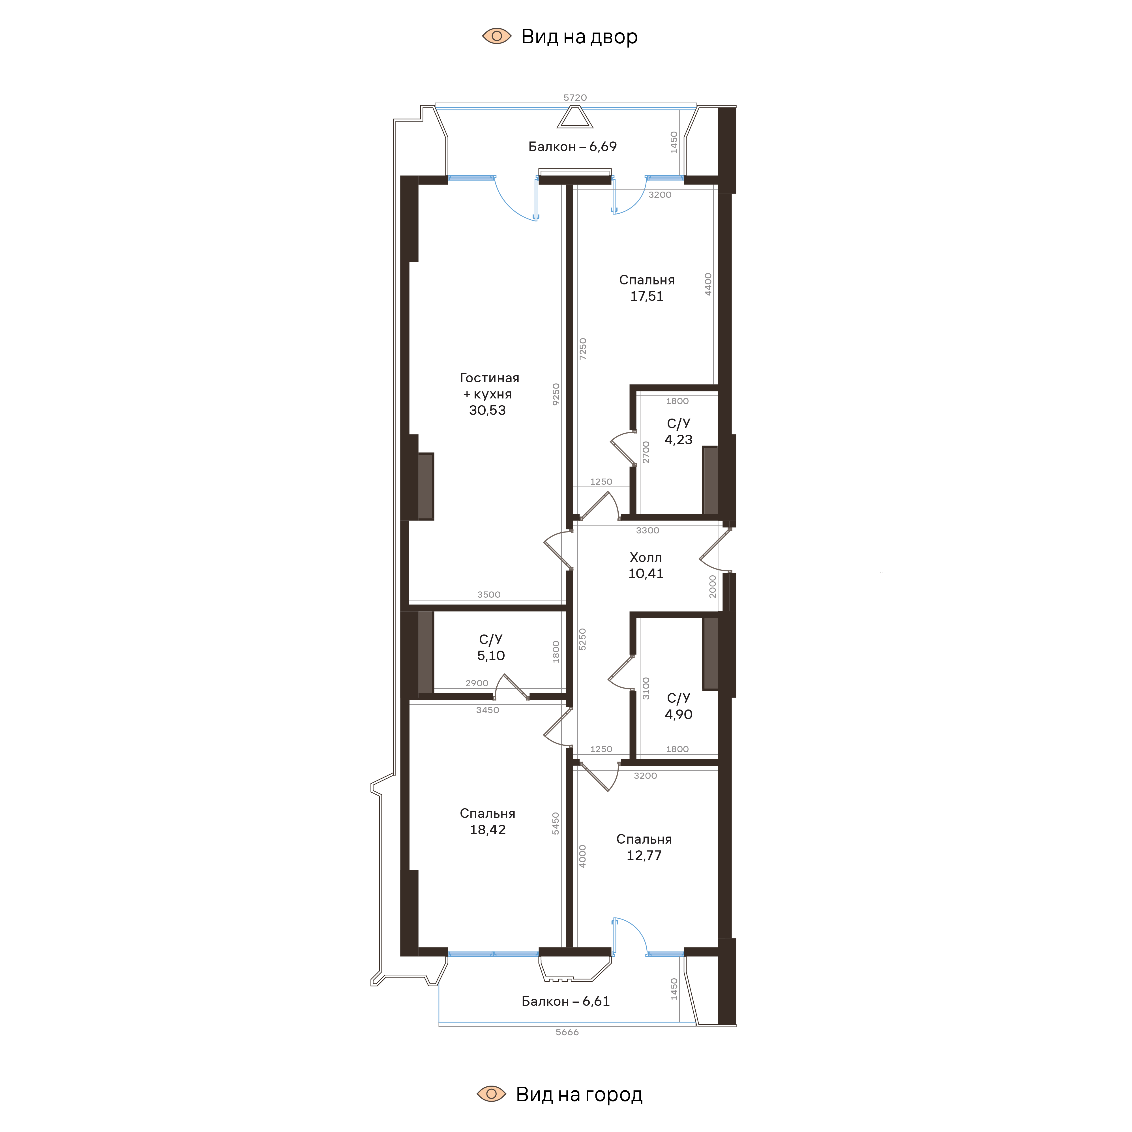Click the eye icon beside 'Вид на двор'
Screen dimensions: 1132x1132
pos(496,36)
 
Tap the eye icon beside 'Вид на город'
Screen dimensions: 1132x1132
pos(491,1094)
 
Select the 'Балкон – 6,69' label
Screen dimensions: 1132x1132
pos(573,147)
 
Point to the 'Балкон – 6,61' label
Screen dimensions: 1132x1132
pos(565,1001)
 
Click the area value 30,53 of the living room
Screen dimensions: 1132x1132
pos(487,410)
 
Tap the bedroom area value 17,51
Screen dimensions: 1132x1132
pos(647,297)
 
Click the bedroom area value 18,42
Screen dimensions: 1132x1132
pos(488,830)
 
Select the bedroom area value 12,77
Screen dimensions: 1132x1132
pos(644,856)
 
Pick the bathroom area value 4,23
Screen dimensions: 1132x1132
pos(679,439)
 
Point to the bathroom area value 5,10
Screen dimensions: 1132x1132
pos(491,656)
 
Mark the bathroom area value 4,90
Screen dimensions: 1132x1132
pos(679,714)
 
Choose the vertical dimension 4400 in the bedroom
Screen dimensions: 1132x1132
pos(708,284)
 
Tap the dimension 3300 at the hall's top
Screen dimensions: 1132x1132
pos(648,530)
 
